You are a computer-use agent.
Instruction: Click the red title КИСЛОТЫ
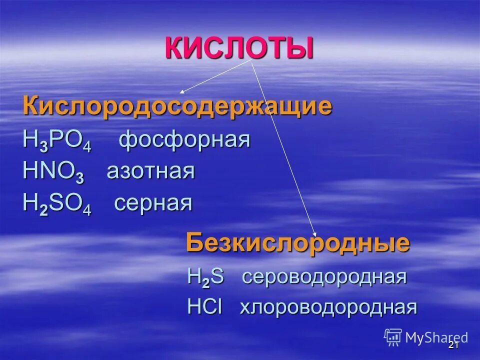[239, 48]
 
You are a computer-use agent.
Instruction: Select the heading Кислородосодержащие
[177, 106]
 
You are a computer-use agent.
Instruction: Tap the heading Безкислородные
[298, 243]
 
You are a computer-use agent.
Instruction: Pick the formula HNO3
[53, 172]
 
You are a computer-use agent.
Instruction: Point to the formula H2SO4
[56, 204]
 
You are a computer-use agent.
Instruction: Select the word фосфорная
[184, 140]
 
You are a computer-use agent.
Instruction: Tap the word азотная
[150, 172]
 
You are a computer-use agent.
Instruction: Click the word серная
[153, 203]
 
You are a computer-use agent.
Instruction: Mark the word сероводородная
[324, 276]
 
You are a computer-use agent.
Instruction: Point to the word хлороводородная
[328, 307]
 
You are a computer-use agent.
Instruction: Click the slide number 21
[453, 345]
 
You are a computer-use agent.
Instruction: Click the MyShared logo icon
[393, 337]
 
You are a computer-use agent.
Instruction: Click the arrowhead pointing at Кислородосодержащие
[182, 92]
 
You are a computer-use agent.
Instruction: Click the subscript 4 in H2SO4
[87, 210]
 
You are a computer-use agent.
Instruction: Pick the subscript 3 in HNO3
[79, 178]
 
